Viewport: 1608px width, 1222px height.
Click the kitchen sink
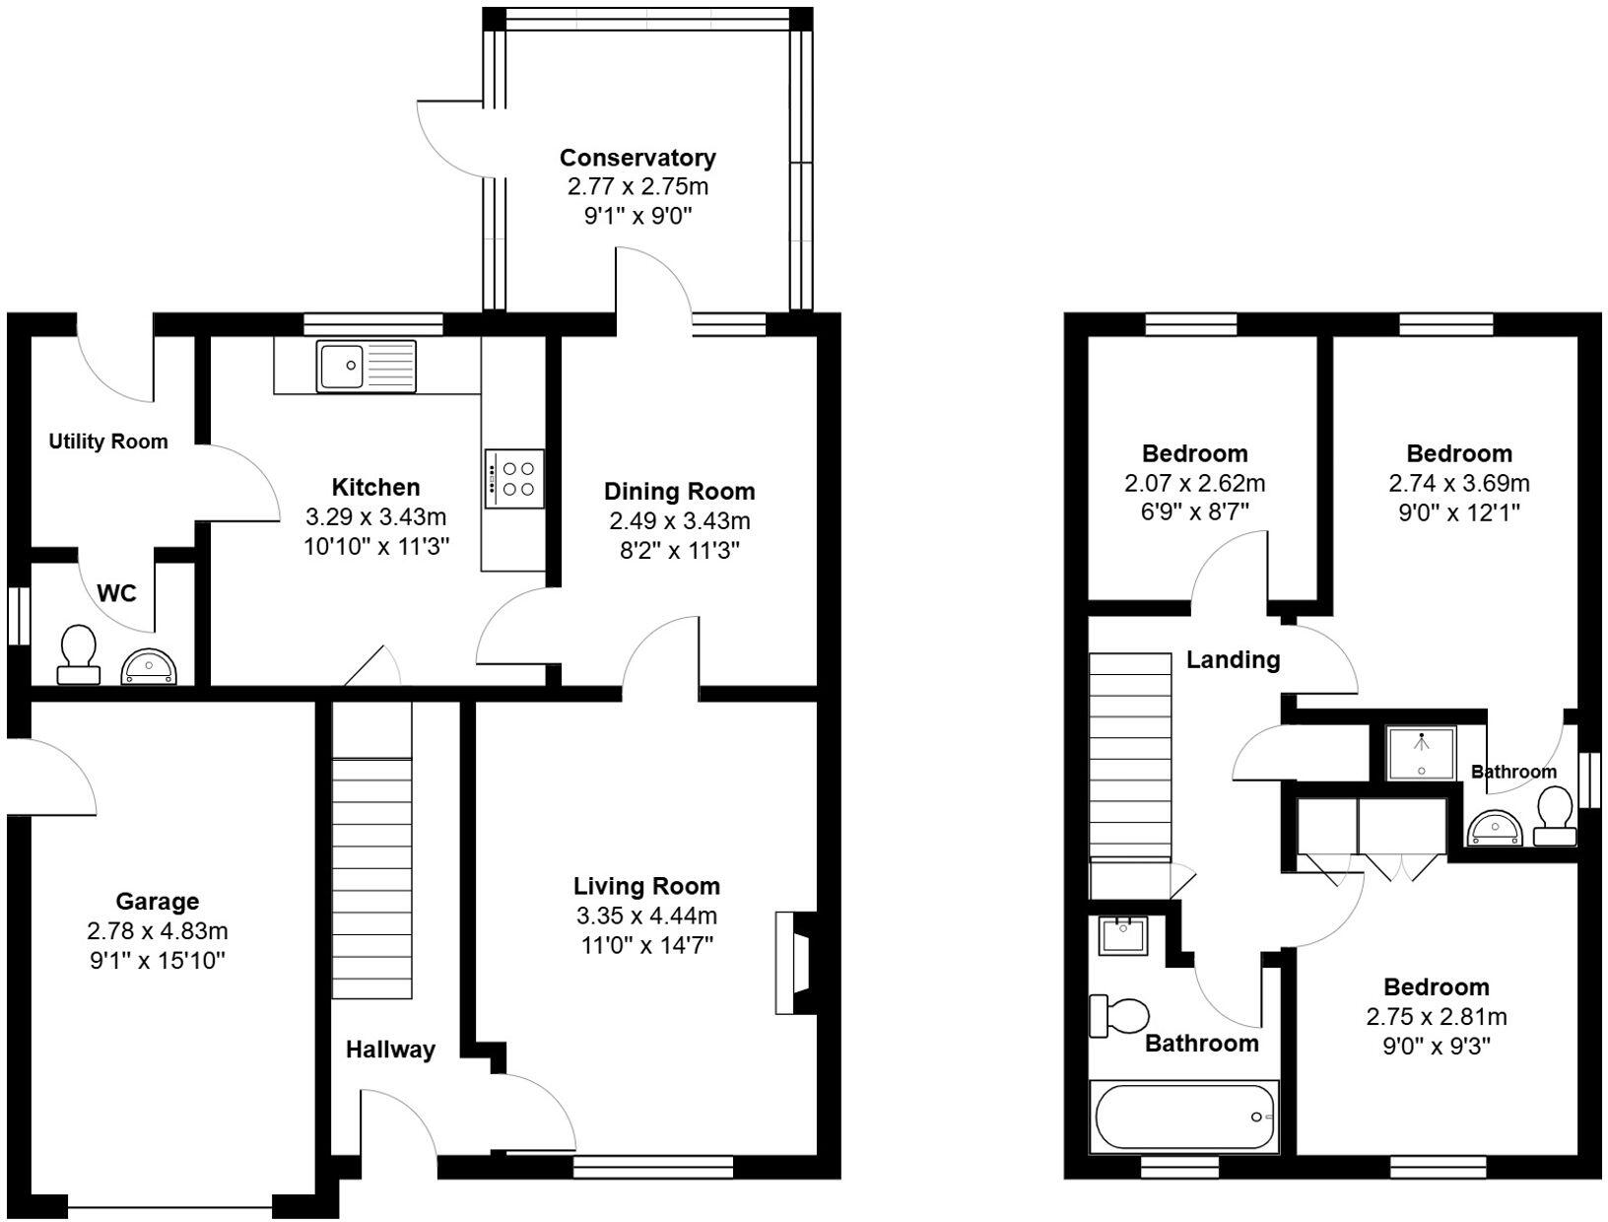(366, 366)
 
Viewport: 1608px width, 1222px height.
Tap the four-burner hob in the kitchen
(514, 479)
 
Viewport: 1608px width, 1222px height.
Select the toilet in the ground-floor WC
(78, 655)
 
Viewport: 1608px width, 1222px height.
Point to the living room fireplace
(794, 963)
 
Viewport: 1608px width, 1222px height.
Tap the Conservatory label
(637, 158)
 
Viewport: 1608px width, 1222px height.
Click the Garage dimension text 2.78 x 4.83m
(158, 930)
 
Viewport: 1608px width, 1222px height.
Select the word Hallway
(390, 1050)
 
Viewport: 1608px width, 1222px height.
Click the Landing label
(1233, 659)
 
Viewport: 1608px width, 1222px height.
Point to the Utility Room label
(108, 441)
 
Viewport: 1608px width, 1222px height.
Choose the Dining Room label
(679, 491)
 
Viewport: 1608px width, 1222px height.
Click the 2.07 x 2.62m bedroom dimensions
(1194, 483)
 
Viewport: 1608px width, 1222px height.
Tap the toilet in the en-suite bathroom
(1555, 815)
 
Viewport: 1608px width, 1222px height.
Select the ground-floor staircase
(371, 877)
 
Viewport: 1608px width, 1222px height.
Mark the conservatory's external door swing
(451, 138)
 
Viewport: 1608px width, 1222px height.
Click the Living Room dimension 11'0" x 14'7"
(647, 945)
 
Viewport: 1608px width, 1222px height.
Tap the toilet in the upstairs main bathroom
(1119, 1015)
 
